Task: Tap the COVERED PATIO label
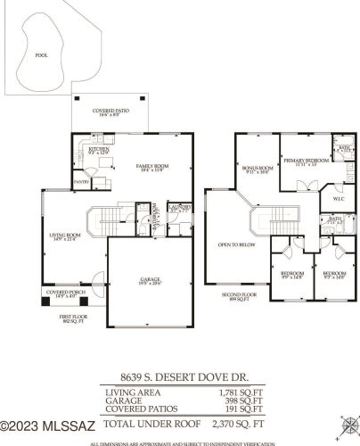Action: point(110,111)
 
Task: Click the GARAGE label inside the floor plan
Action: point(150,280)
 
